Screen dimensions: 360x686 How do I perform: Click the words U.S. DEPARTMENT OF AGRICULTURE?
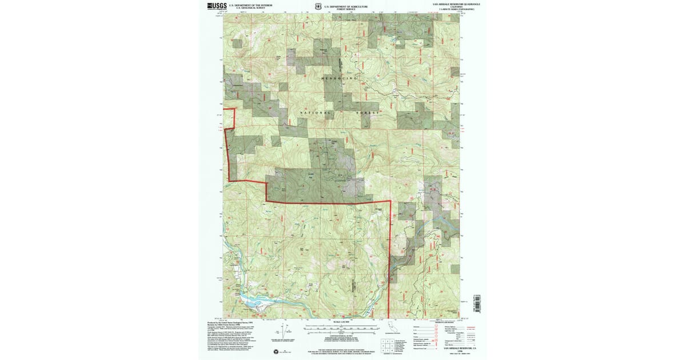pyautogui.click(x=342, y=6)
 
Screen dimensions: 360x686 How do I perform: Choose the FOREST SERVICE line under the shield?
pyautogui.click(x=342, y=9)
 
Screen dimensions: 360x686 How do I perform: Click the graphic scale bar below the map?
pyautogui.click(x=341, y=329)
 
